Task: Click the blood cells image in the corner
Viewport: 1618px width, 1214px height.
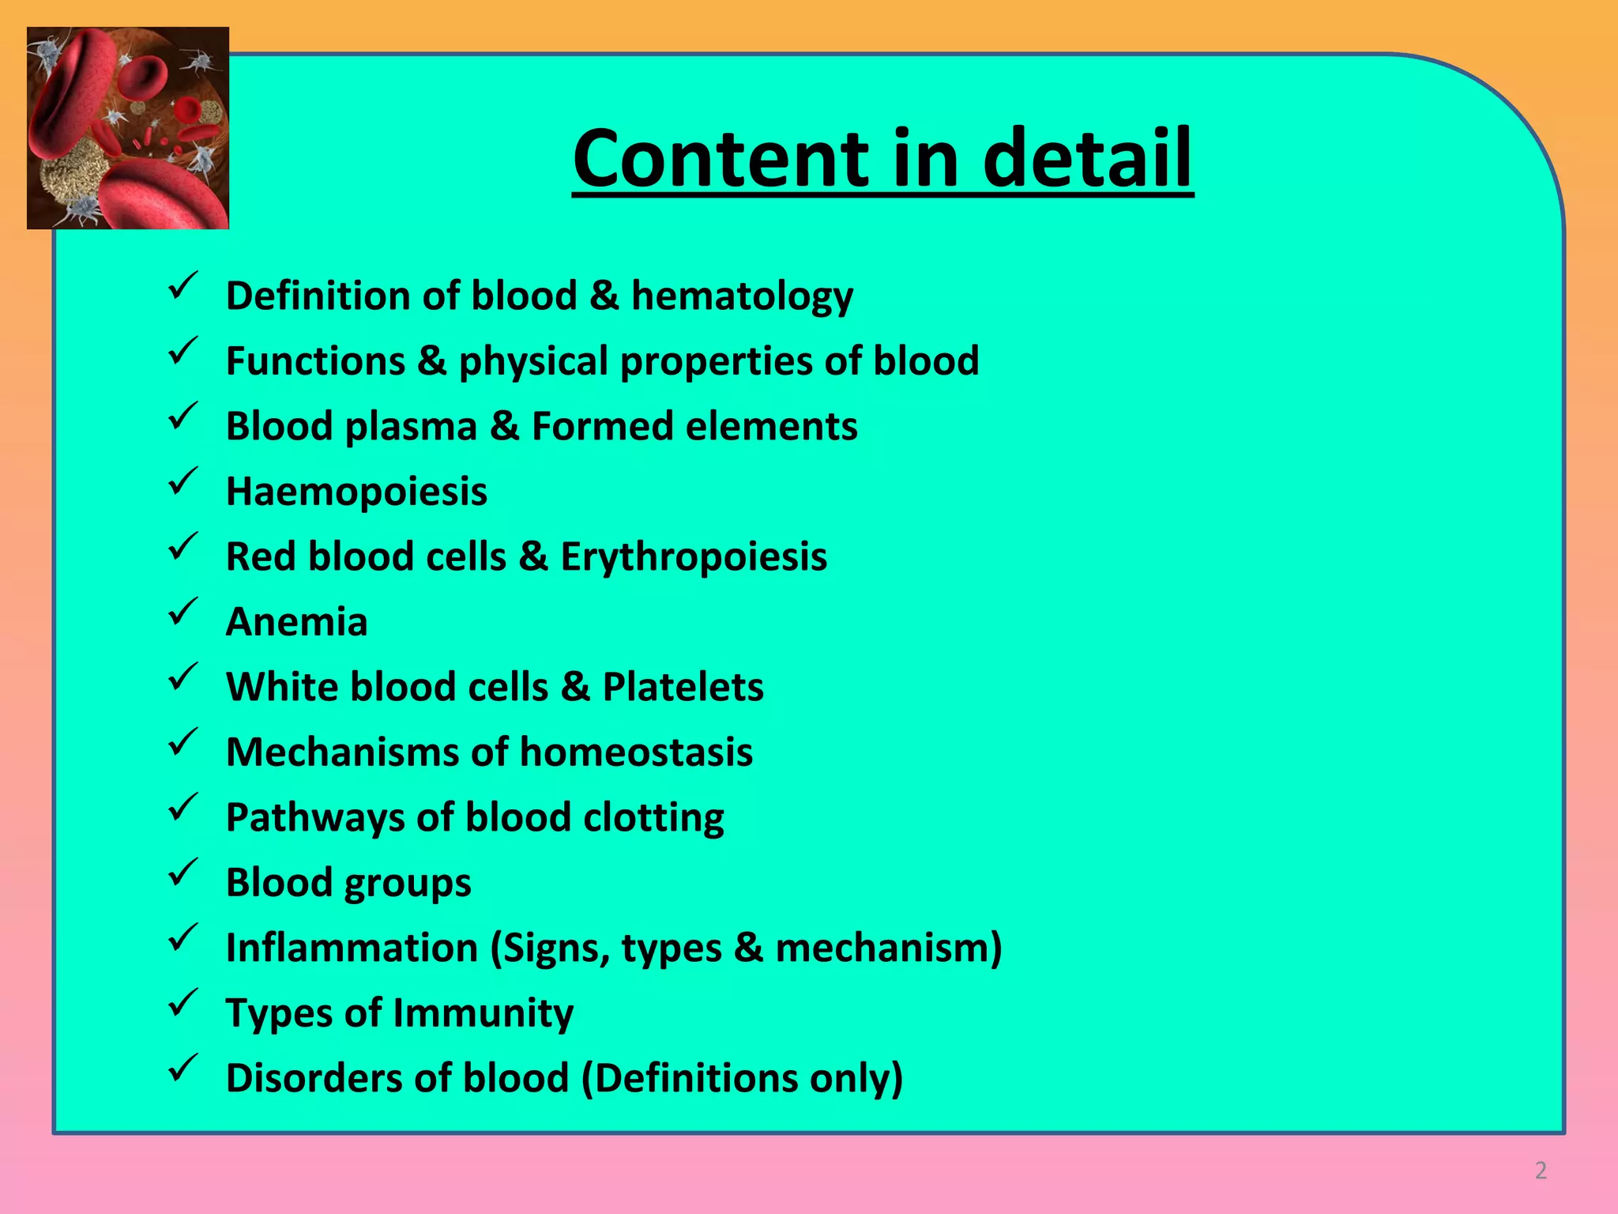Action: tap(128, 128)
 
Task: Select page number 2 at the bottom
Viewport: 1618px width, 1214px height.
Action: tap(1541, 1171)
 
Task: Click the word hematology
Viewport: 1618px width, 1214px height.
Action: tap(742, 296)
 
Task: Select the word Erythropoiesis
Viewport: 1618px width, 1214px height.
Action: tap(694, 556)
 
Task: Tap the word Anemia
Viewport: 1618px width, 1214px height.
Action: tap(296, 622)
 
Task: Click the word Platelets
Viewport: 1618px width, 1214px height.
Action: tap(683, 687)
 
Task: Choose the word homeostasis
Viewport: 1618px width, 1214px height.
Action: tap(636, 752)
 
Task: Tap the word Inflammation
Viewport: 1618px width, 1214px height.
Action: tap(352, 948)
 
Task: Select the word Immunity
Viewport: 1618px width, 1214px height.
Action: tap(483, 1013)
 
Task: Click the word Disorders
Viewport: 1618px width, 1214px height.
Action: tap(318, 1078)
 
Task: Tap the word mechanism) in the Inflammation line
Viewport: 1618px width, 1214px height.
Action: tap(888, 948)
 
